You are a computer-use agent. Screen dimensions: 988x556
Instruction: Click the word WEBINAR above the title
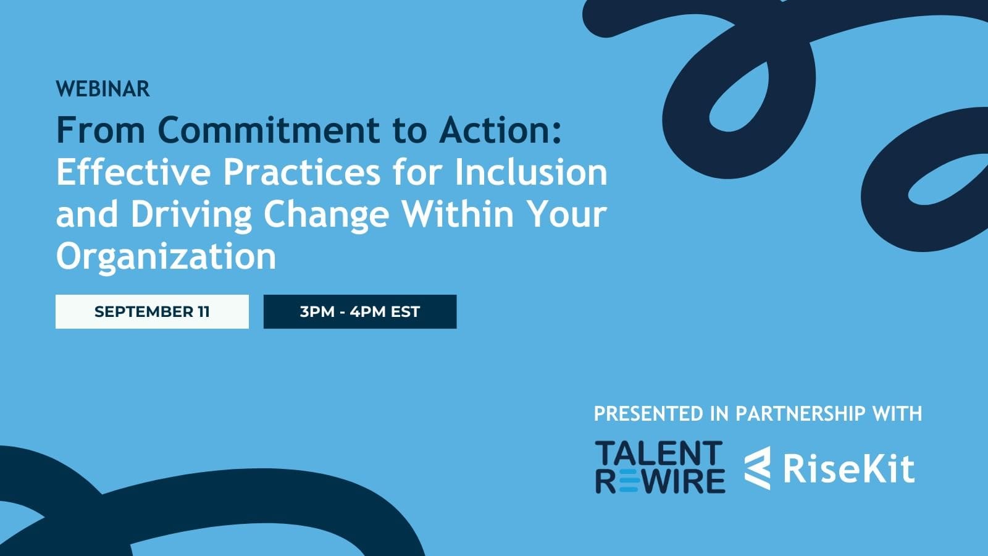point(103,89)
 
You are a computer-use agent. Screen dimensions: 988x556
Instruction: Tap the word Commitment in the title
point(269,130)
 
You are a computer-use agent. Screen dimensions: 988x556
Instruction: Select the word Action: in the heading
point(501,130)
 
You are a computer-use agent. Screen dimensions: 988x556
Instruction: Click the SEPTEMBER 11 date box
point(152,311)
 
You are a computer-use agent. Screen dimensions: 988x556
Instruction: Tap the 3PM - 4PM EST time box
point(360,311)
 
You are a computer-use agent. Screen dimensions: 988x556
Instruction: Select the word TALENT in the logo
point(659,453)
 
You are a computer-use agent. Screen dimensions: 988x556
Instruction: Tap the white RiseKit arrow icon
point(758,468)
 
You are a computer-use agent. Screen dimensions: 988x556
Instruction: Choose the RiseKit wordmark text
point(848,469)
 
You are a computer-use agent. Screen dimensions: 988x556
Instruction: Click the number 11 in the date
point(203,311)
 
